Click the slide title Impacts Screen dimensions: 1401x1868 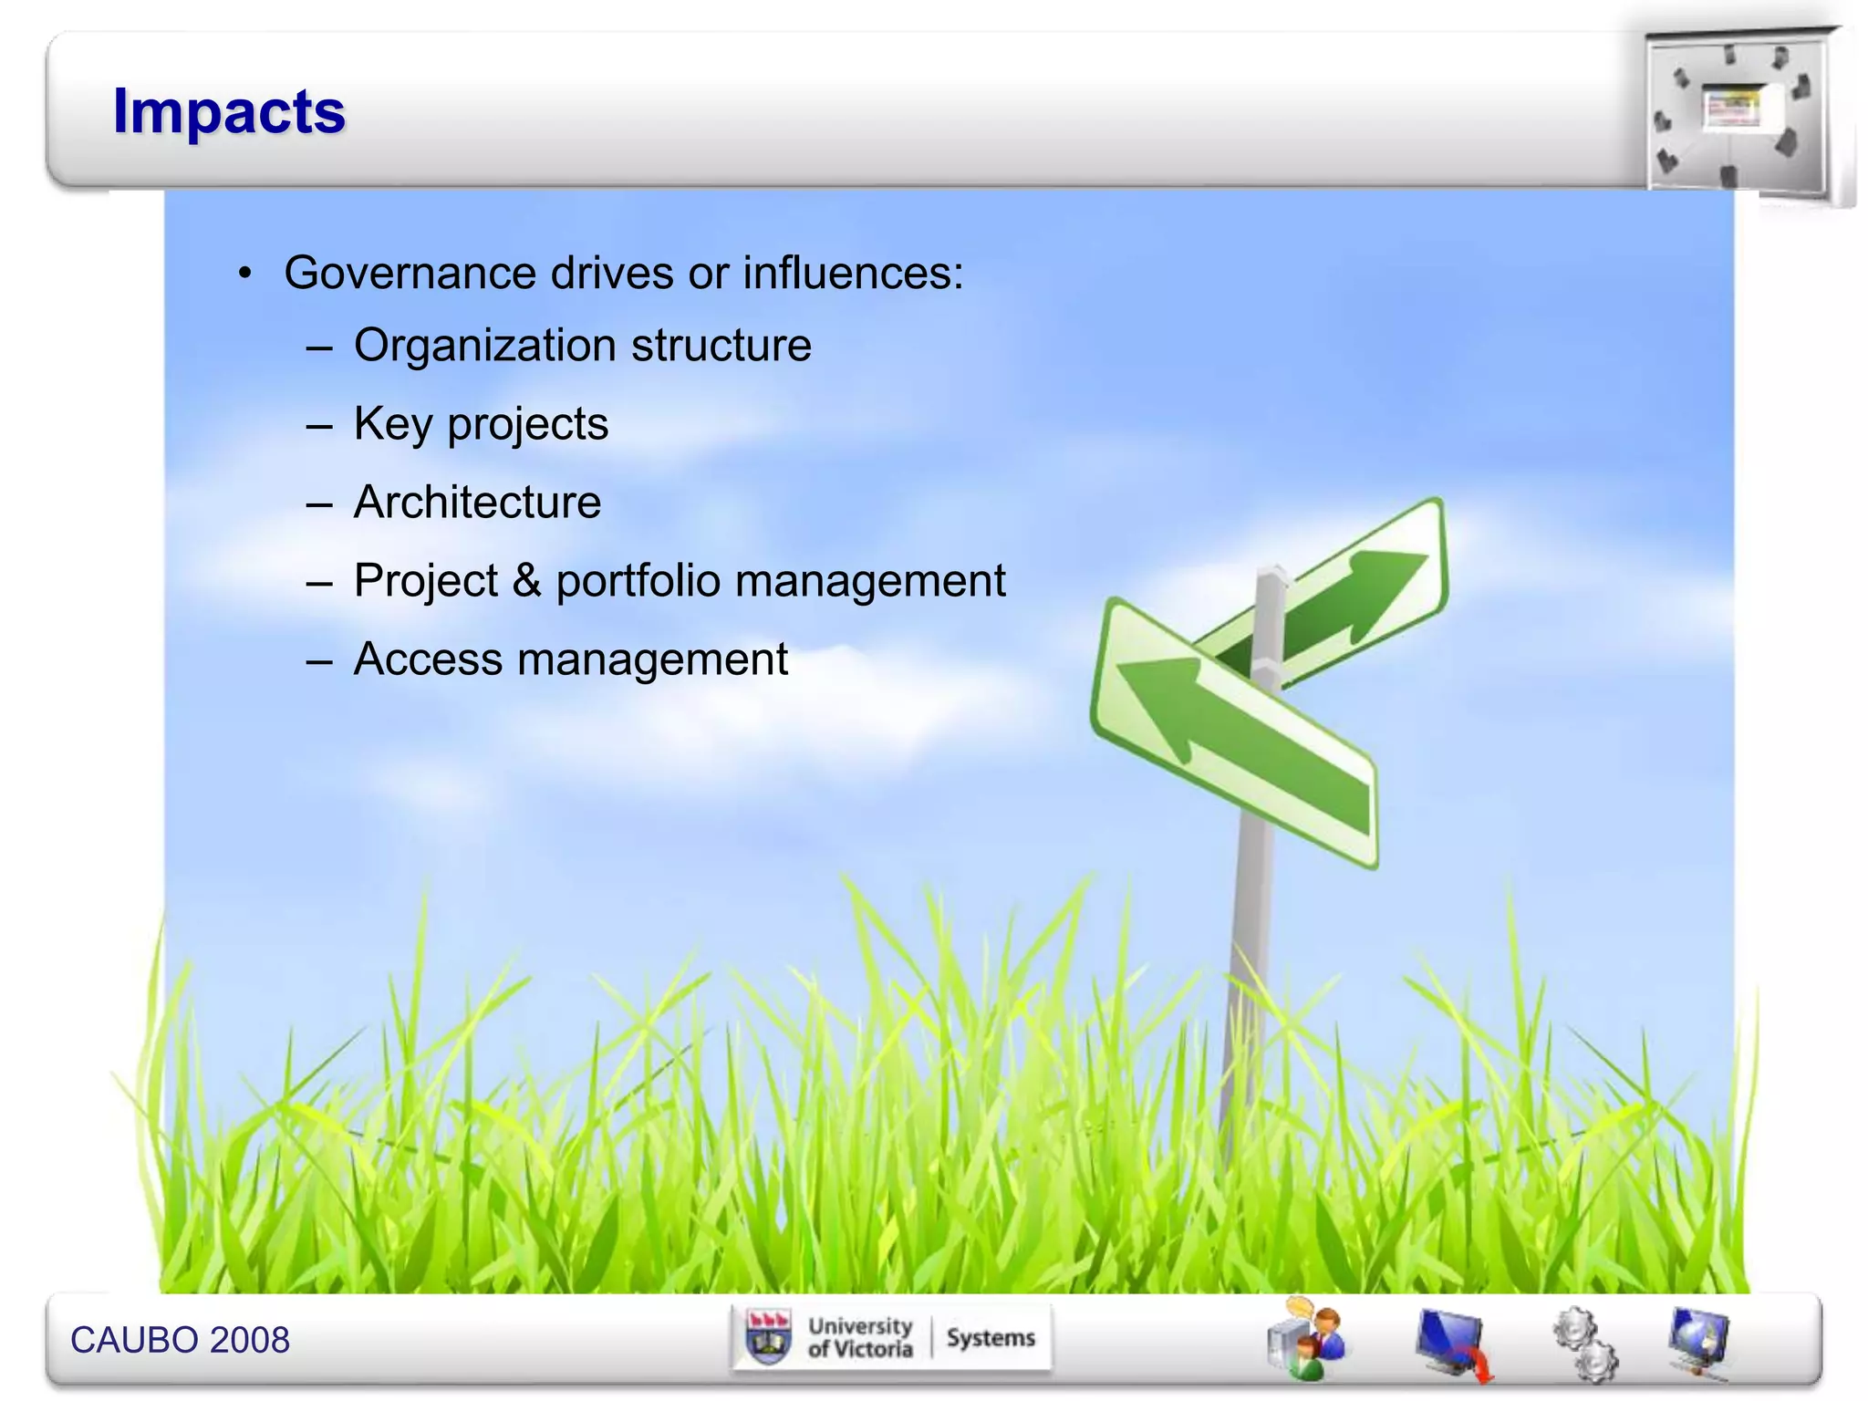229,112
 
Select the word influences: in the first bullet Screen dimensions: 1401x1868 853,273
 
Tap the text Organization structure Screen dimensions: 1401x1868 582,346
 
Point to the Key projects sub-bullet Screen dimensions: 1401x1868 481,424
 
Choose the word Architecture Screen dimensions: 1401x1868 477,503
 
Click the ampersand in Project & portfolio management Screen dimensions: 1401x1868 526,581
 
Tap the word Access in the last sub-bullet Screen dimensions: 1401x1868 428,659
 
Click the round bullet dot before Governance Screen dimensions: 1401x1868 244,274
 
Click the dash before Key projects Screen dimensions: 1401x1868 319,426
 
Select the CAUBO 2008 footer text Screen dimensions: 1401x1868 180,1340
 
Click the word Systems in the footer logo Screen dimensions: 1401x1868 991,1338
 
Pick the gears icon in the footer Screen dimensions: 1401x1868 1585,1344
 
